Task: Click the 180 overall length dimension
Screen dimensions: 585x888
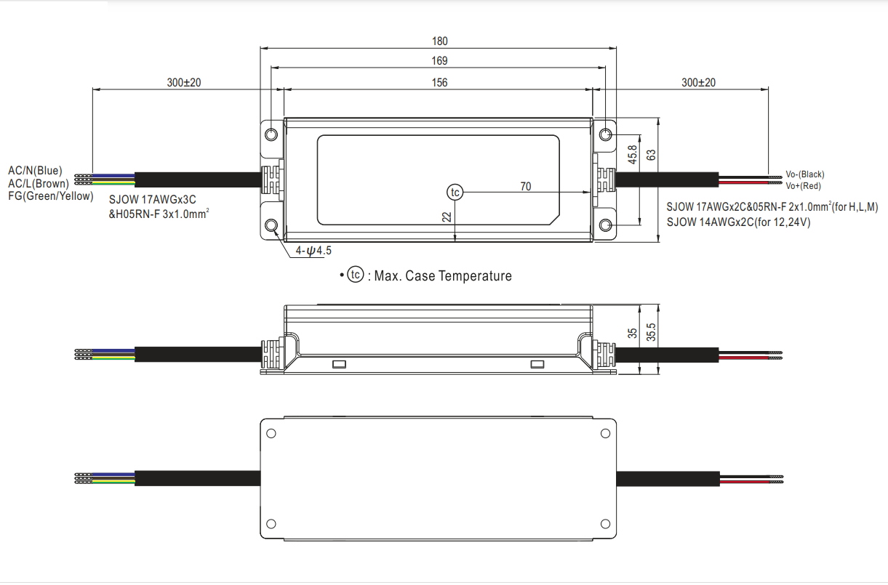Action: (x=439, y=41)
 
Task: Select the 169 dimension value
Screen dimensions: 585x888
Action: (x=439, y=61)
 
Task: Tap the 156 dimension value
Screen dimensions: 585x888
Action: (x=439, y=82)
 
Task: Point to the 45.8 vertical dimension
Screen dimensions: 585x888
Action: (x=632, y=155)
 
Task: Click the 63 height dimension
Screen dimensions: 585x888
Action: (x=652, y=155)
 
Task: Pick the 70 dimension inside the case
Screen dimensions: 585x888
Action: (x=525, y=187)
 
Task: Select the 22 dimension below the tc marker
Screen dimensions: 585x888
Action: (x=447, y=216)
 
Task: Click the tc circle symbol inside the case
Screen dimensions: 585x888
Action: (x=455, y=192)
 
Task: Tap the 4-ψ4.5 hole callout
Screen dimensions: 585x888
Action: (x=313, y=251)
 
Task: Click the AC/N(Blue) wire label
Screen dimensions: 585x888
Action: (x=36, y=171)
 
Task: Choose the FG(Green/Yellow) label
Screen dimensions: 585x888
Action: (x=51, y=196)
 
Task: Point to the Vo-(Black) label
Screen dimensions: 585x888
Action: (x=805, y=174)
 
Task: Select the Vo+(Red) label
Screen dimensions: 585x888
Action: (x=804, y=186)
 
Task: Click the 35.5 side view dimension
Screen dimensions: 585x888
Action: (x=652, y=333)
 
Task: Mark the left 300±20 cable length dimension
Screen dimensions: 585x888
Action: (x=183, y=83)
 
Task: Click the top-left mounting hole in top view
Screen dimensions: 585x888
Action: (x=271, y=135)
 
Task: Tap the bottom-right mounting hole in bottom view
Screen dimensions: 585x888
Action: (x=605, y=523)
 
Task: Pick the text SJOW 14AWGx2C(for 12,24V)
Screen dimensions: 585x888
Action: (x=738, y=222)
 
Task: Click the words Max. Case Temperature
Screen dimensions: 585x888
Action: (x=443, y=276)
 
